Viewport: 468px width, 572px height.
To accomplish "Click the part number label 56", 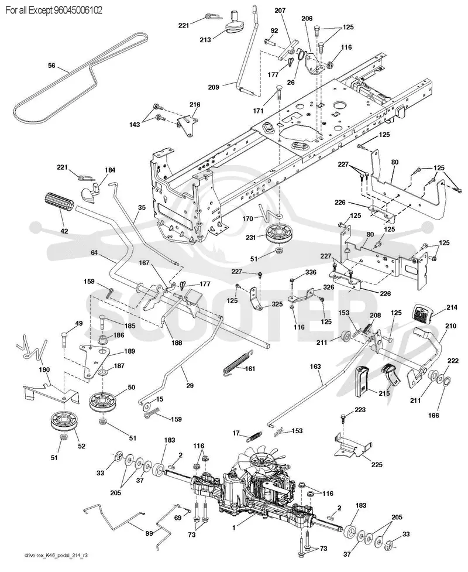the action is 51,66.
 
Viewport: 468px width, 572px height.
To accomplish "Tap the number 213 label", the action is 205,39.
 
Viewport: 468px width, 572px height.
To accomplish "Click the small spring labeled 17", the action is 254,437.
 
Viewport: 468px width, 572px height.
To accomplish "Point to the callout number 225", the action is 377,464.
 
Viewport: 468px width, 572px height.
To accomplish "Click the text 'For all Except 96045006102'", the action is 54,11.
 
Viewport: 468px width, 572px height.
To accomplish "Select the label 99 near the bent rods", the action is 149,533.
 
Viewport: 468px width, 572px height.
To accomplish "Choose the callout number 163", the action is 316,367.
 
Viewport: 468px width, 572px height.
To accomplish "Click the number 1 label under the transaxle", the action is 234,527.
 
